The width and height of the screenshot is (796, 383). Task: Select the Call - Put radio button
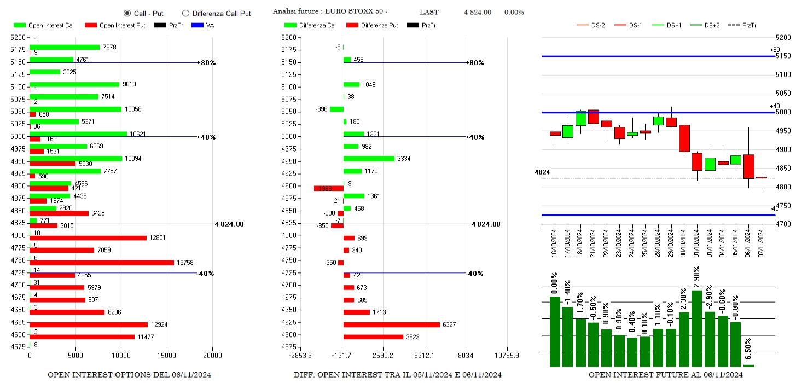pos(127,13)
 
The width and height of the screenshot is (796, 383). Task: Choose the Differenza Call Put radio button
pos(185,13)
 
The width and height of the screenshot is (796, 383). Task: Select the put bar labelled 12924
pos(88,324)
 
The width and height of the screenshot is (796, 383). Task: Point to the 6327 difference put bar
pos(391,324)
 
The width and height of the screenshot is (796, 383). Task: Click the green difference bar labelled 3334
pos(369,159)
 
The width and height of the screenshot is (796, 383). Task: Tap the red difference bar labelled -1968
pos(328,188)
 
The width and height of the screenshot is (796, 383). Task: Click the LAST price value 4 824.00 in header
pos(477,12)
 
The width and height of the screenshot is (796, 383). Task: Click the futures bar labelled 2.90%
pos(696,328)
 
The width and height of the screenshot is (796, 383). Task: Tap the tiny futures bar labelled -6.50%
pos(748,365)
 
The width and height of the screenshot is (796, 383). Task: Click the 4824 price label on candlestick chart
pos(542,172)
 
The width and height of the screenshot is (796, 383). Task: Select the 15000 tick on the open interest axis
pos(167,356)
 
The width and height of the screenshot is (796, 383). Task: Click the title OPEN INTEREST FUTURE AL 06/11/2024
pos(665,375)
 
